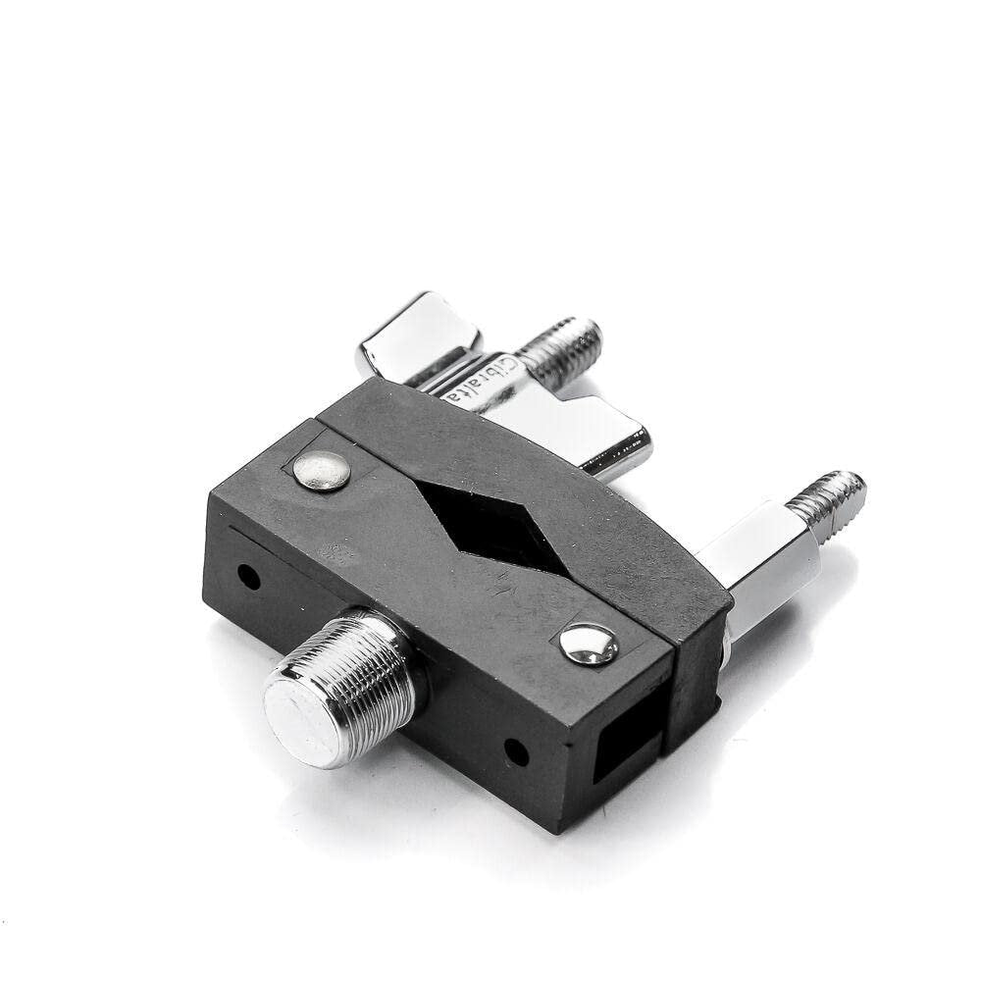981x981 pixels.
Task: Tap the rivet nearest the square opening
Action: coord(590,644)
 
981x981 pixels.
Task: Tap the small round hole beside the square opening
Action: coord(517,753)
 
